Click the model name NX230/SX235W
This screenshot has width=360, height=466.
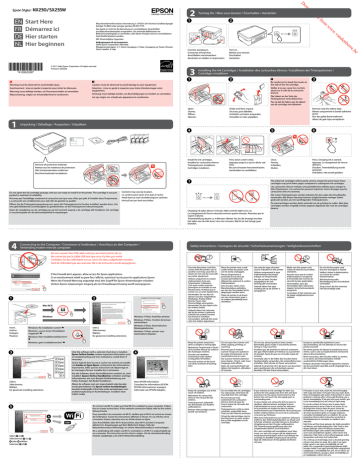coord(57,9)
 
